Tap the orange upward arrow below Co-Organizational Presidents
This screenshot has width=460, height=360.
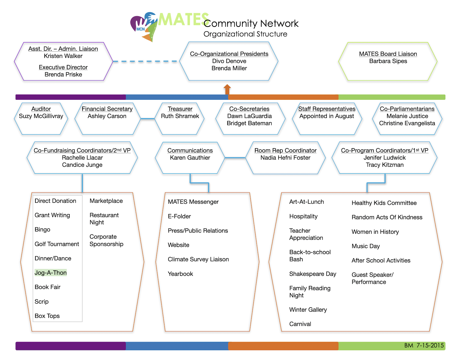click(x=227, y=89)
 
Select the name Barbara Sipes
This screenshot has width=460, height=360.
click(x=388, y=61)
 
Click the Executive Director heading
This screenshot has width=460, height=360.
click(x=63, y=67)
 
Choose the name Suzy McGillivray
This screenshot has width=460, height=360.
click(x=41, y=116)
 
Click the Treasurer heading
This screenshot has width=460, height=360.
click(x=180, y=109)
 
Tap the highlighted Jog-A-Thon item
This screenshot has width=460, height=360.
click(x=50, y=273)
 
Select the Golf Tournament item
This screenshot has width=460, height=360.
click(x=57, y=244)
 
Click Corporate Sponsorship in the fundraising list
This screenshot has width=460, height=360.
click(x=106, y=241)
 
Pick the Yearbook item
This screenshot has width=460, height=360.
click(x=180, y=274)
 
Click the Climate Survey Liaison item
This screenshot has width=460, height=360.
click(x=198, y=260)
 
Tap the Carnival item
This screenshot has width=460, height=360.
click(x=300, y=324)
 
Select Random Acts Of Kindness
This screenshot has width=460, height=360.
click(x=387, y=217)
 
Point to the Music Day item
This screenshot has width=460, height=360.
click(x=365, y=246)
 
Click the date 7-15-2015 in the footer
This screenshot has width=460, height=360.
click(x=430, y=346)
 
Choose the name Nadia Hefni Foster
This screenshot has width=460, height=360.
click(x=285, y=158)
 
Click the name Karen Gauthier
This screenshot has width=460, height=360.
click(x=190, y=158)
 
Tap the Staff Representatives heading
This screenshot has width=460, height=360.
click(x=327, y=109)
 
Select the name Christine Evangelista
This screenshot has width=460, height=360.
click(x=407, y=123)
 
